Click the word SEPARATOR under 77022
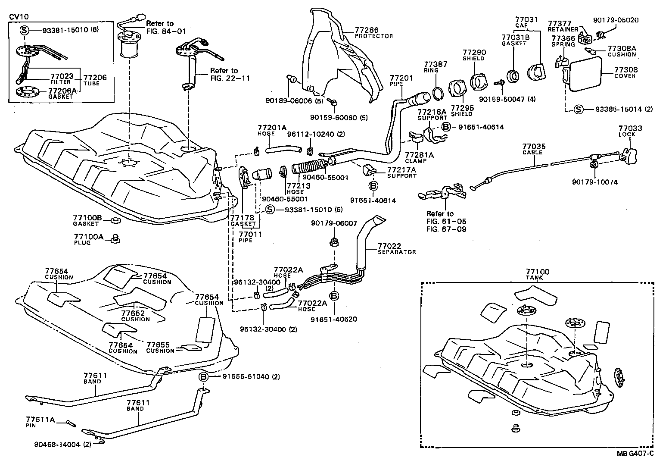tap(397, 252)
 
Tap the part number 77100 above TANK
tap(537, 272)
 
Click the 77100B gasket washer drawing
tap(115, 221)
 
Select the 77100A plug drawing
tap(115, 238)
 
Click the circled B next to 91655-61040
tap(204, 376)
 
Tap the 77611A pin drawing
tap(71, 423)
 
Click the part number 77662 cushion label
tap(133, 313)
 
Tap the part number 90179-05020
tap(616, 20)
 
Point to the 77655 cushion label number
tap(158, 345)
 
